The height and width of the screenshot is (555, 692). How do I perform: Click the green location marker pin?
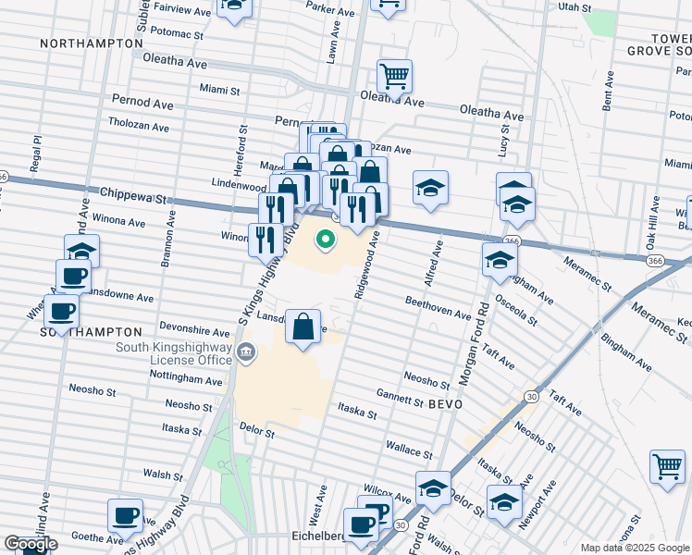(326, 240)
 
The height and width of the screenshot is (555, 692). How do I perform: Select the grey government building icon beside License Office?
(246, 352)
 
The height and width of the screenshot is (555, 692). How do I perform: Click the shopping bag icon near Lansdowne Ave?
(303, 327)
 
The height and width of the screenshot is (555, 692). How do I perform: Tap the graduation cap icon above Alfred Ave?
(430, 189)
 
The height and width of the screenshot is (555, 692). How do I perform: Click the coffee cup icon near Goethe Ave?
(125, 516)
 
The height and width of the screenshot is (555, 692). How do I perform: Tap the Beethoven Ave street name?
(438, 308)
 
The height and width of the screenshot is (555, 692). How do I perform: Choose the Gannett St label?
(400, 398)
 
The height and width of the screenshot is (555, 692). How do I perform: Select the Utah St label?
(574, 6)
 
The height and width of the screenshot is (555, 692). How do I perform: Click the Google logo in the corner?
(31, 544)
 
